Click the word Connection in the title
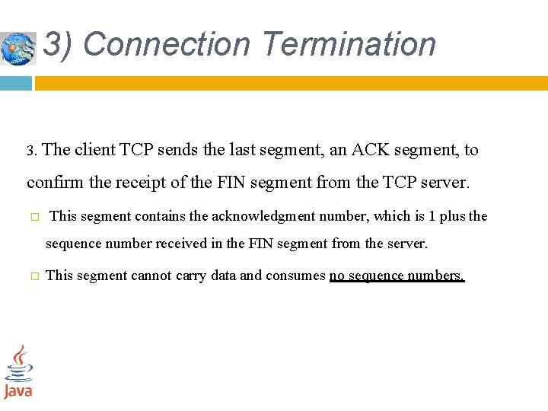point(166,44)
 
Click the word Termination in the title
point(348,44)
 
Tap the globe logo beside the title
point(18,48)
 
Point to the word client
point(95,150)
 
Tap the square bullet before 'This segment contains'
point(34,217)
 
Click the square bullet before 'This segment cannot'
point(34,276)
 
